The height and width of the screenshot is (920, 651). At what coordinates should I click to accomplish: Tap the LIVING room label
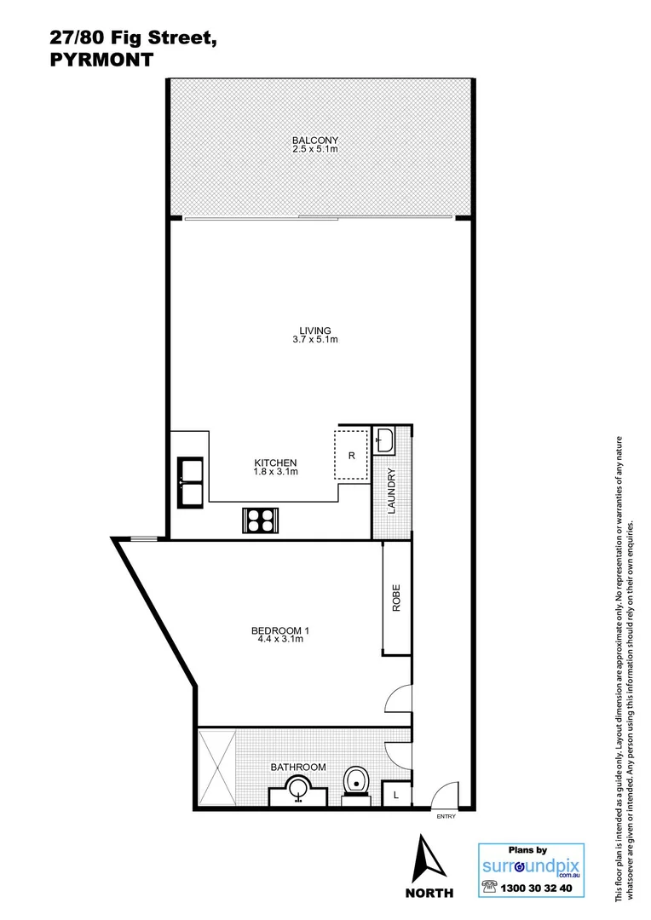pyautogui.click(x=314, y=331)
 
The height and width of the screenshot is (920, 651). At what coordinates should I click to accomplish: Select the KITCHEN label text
pyautogui.click(x=274, y=462)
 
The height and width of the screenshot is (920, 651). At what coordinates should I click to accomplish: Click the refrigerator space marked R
pyautogui.click(x=351, y=455)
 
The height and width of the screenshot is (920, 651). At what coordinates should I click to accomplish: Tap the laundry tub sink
pyautogui.click(x=385, y=440)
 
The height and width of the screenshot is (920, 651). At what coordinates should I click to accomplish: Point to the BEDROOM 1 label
pyautogui.click(x=279, y=630)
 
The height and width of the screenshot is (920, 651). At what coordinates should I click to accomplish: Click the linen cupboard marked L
pyautogui.click(x=395, y=795)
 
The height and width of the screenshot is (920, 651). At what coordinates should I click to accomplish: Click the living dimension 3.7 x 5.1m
pyautogui.click(x=314, y=340)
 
